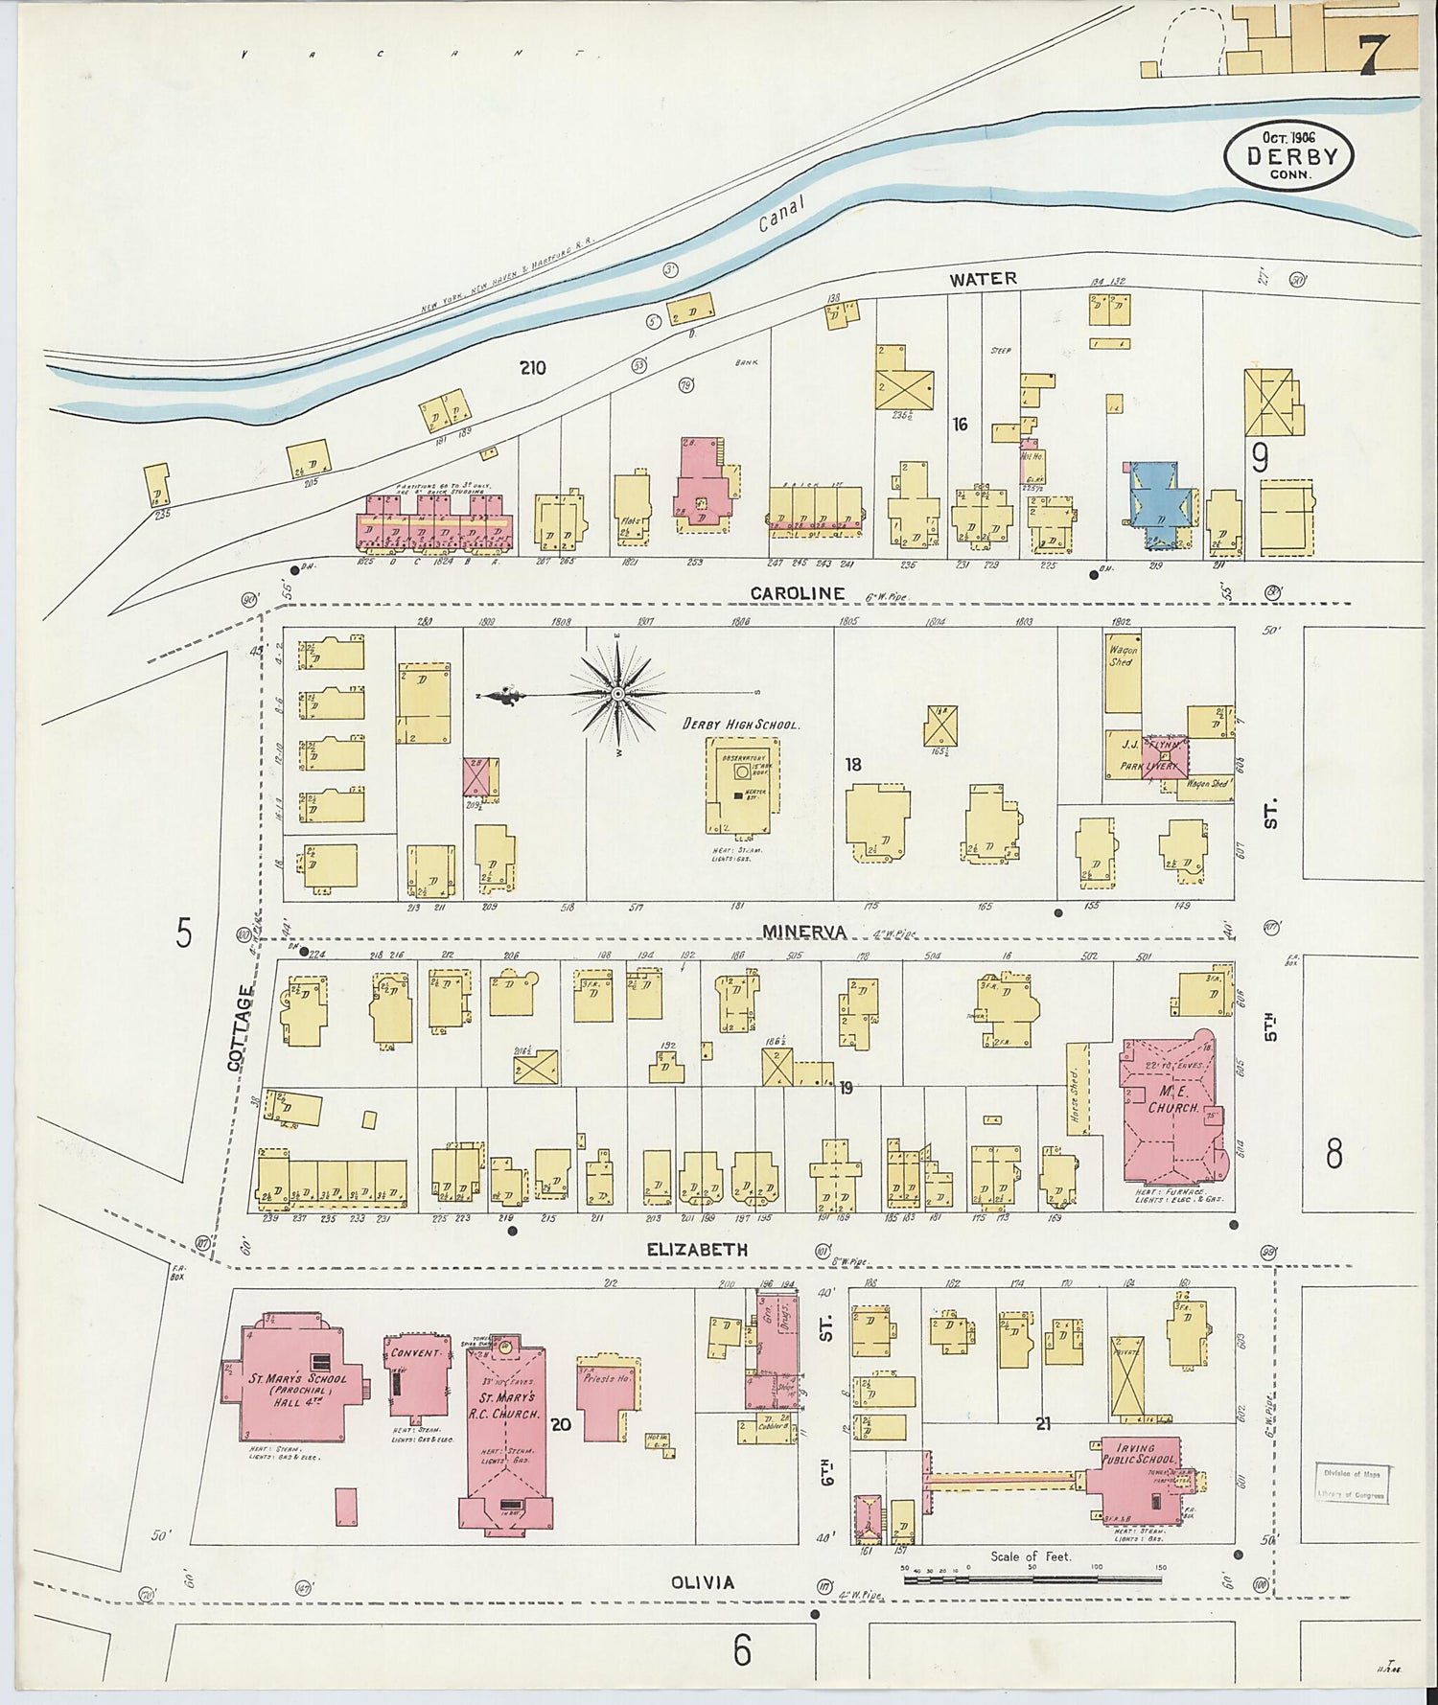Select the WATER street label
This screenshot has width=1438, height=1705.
pos(983,279)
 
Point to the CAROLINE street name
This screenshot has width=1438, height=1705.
pos(797,593)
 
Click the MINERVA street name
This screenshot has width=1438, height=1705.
pos(803,931)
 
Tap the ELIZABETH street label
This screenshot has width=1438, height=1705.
pos(696,1250)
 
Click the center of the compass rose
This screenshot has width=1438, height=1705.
pos(618,693)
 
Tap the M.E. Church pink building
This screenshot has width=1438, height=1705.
pos(1172,1112)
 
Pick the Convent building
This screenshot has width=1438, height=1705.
pos(415,1381)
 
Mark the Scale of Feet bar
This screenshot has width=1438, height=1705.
pos(1032,1577)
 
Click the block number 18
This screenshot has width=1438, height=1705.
pos(853,764)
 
